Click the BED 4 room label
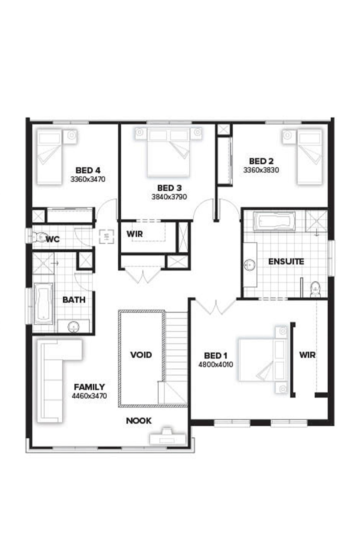pos(88,170)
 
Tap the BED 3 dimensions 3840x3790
pos(169,197)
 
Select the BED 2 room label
pos(261,161)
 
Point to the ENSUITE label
pos(286,262)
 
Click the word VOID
pos(141,355)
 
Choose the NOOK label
pos(139,421)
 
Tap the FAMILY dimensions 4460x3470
pos(89,396)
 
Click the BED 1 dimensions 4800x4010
pos(215,365)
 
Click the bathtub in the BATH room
pos(43,304)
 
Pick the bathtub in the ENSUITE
pos(274,221)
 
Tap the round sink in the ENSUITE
pos(250,265)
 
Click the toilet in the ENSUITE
pos(315,289)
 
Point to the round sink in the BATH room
pos(74,326)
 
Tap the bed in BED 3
pos(169,153)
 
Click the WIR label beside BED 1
pos(307,355)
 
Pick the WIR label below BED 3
pos(135,234)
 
